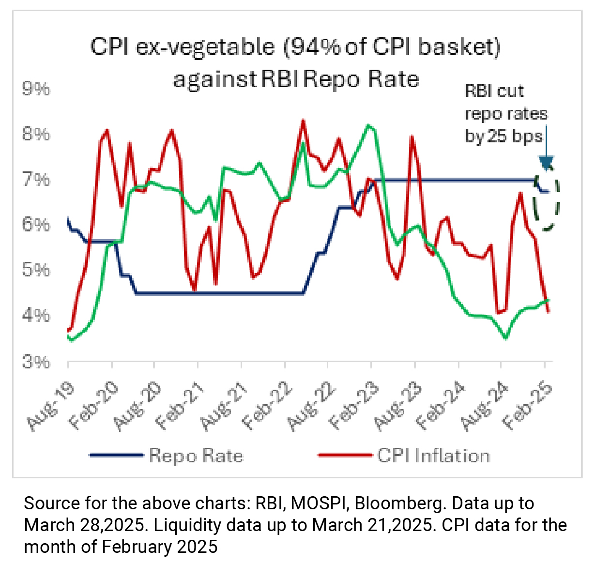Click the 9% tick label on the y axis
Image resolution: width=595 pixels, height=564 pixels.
[36, 89]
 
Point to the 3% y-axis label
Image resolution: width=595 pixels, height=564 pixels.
[36, 362]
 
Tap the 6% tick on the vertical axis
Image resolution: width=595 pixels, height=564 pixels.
[36, 225]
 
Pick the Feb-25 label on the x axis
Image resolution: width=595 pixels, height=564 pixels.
[528, 406]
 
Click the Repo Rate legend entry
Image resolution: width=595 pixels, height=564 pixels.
[196, 456]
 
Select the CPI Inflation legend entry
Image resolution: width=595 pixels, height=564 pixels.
[433, 456]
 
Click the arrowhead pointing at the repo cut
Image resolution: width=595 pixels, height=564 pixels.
[547, 163]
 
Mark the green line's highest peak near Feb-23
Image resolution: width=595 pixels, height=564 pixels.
[369, 125]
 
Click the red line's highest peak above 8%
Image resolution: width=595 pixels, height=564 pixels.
[303, 121]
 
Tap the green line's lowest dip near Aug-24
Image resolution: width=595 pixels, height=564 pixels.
[505, 338]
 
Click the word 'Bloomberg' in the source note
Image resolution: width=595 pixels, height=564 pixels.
[399, 503]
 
